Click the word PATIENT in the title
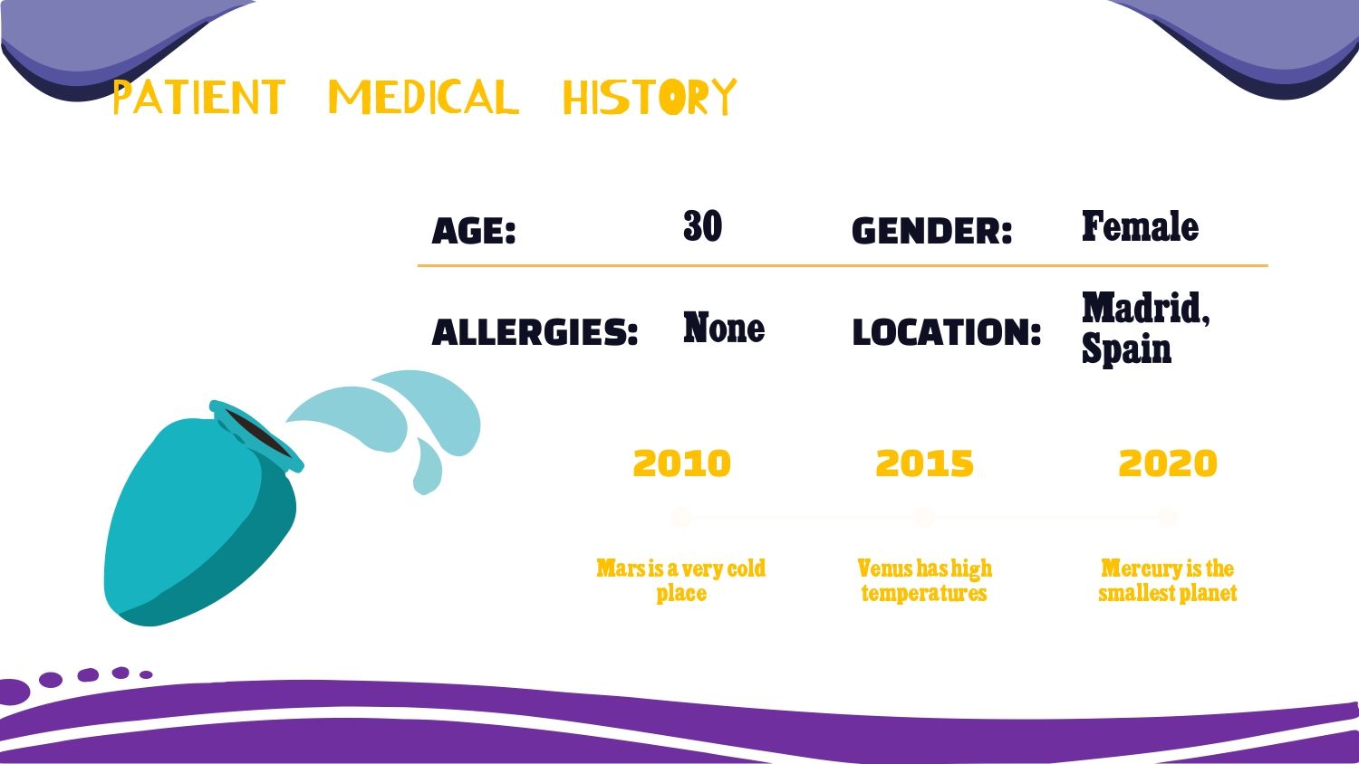click(x=199, y=97)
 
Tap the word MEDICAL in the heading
click(x=423, y=97)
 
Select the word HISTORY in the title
click(x=650, y=97)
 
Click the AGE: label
click(x=473, y=231)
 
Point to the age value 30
click(x=702, y=226)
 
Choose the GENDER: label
click(x=932, y=231)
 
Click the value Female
click(x=1140, y=226)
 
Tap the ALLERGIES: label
click(x=535, y=332)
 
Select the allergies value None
click(x=724, y=328)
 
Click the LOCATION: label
click(x=947, y=332)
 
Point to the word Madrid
click(x=1145, y=309)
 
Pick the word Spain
click(x=1126, y=349)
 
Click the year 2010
click(x=681, y=463)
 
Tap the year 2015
click(x=925, y=463)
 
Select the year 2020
click(x=1168, y=463)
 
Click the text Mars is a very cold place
click(x=680, y=580)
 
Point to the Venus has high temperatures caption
click(x=925, y=580)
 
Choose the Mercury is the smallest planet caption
click(x=1167, y=580)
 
